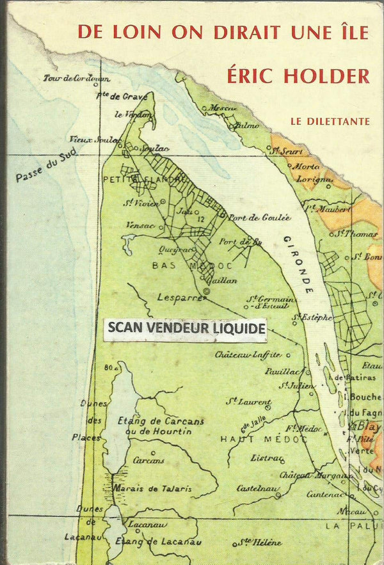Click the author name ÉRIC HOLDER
point(298,76)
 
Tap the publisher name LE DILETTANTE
point(329,121)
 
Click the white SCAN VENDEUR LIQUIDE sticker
point(186,328)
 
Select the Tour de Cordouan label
point(77,79)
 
